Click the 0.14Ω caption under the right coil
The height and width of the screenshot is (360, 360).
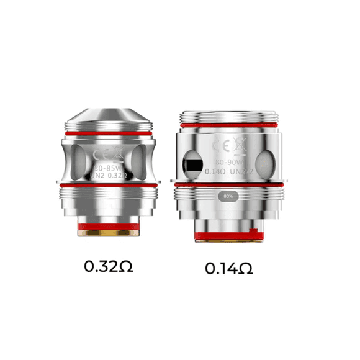point(230,269)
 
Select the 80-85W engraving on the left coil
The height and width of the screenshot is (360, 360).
point(108,166)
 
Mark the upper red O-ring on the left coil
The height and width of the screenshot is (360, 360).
point(109,132)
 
